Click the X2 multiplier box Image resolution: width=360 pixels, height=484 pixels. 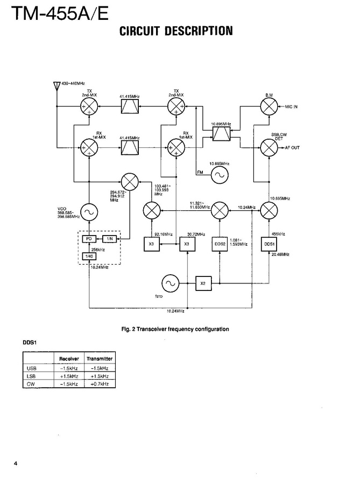point(203,283)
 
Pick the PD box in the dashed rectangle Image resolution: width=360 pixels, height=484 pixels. point(87,238)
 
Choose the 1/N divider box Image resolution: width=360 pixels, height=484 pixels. point(109,238)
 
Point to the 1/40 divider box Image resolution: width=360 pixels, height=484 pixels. point(87,257)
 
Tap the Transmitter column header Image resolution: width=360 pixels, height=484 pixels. point(100,359)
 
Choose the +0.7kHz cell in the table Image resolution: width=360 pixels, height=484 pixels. point(100,385)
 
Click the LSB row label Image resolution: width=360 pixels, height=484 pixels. point(31,376)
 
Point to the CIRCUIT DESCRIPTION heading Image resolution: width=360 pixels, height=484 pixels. point(176,31)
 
